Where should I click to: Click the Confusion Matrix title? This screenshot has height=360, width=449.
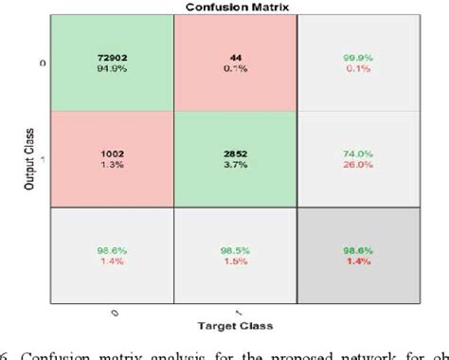(x=224, y=7)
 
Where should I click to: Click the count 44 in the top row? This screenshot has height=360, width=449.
(x=236, y=57)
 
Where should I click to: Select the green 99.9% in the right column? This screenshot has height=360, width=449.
(x=359, y=57)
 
